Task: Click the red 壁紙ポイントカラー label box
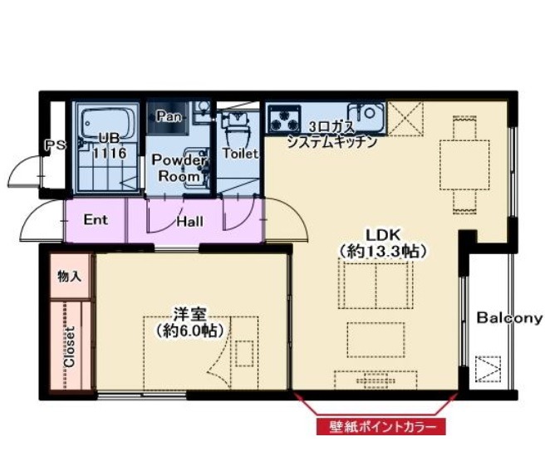(381, 427)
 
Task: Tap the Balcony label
(509, 318)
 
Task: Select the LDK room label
(383, 235)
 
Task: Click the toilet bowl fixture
(238, 131)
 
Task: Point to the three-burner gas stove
(285, 119)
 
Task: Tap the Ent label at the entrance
(96, 220)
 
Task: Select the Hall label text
(189, 222)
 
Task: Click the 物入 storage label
(70, 277)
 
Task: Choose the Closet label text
(70, 347)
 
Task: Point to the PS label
(56, 145)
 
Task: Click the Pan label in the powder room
(169, 116)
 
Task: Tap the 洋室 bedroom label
(189, 314)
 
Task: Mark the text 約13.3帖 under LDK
(383, 251)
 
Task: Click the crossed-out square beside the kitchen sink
(405, 118)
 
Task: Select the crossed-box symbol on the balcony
(489, 369)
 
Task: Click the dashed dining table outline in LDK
(464, 164)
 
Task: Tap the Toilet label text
(240, 154)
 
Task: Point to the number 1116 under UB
(109, 153)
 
